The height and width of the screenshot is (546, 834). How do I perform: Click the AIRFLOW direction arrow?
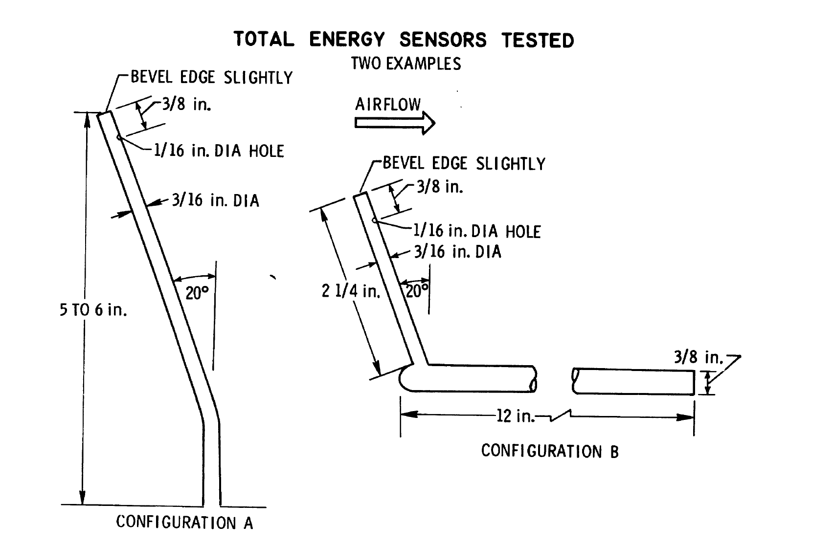point(394,122)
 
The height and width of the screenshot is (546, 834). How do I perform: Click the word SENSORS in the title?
point(443,40)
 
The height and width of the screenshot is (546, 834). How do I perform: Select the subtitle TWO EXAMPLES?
point(406,64)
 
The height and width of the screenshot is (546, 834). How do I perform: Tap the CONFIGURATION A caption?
point(184,522)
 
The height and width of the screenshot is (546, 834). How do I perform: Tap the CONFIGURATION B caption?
point(550,451)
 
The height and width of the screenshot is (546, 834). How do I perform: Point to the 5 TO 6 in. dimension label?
point(93,309)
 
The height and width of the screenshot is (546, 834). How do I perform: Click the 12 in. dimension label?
point(516,416)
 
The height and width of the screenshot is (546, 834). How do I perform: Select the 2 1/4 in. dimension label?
point(351,291)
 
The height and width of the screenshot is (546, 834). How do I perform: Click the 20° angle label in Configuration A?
point(197,293)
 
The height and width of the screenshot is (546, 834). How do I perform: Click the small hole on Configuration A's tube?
point(119,138)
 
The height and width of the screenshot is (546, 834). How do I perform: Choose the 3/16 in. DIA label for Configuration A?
point(215,200)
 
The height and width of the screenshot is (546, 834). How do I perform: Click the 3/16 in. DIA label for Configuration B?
point(457,252)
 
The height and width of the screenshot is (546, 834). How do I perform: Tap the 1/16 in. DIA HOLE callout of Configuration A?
point(219,151)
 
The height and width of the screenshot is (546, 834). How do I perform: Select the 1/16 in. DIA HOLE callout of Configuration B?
point(477,231)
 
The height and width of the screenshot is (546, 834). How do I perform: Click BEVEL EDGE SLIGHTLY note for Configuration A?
point(211,77)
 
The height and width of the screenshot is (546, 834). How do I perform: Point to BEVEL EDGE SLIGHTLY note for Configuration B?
point(464,163)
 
